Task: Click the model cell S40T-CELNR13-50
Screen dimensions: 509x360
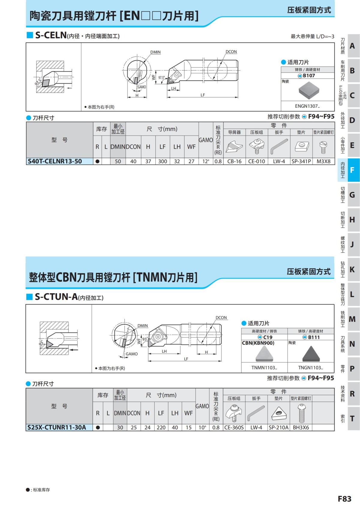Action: (x=55, y=161)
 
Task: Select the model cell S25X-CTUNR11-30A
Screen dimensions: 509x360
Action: (x=56, y=427)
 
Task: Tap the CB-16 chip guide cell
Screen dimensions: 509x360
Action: (x=234, y=161)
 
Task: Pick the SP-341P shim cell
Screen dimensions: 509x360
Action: (x=301, y=161)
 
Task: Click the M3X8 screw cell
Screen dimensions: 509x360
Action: (x=323, y=161)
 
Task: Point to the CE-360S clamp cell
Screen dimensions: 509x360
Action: (x=234, y=427)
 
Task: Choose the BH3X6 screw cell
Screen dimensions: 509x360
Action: (x=301, y=427)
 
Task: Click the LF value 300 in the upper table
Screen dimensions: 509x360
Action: (x=163, y=161)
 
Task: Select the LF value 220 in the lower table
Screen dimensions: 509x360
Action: (x=161, y=427)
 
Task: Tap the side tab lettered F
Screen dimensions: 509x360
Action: (x=352, y=170)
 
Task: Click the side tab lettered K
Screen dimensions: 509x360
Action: (x=352, y=269)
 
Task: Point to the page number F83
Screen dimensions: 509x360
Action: (x=344, y=499)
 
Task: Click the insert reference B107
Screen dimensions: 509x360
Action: (x=307, y=76)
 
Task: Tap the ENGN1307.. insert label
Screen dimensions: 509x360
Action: (x=307, y=106)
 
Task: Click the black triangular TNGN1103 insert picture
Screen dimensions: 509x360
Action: (x=311, y=354)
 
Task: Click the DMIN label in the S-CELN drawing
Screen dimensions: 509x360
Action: (x=155, y=52)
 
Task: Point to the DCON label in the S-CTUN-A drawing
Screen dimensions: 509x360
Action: (x=221, y=318)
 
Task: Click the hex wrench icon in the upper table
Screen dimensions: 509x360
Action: (x=279, y=146)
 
